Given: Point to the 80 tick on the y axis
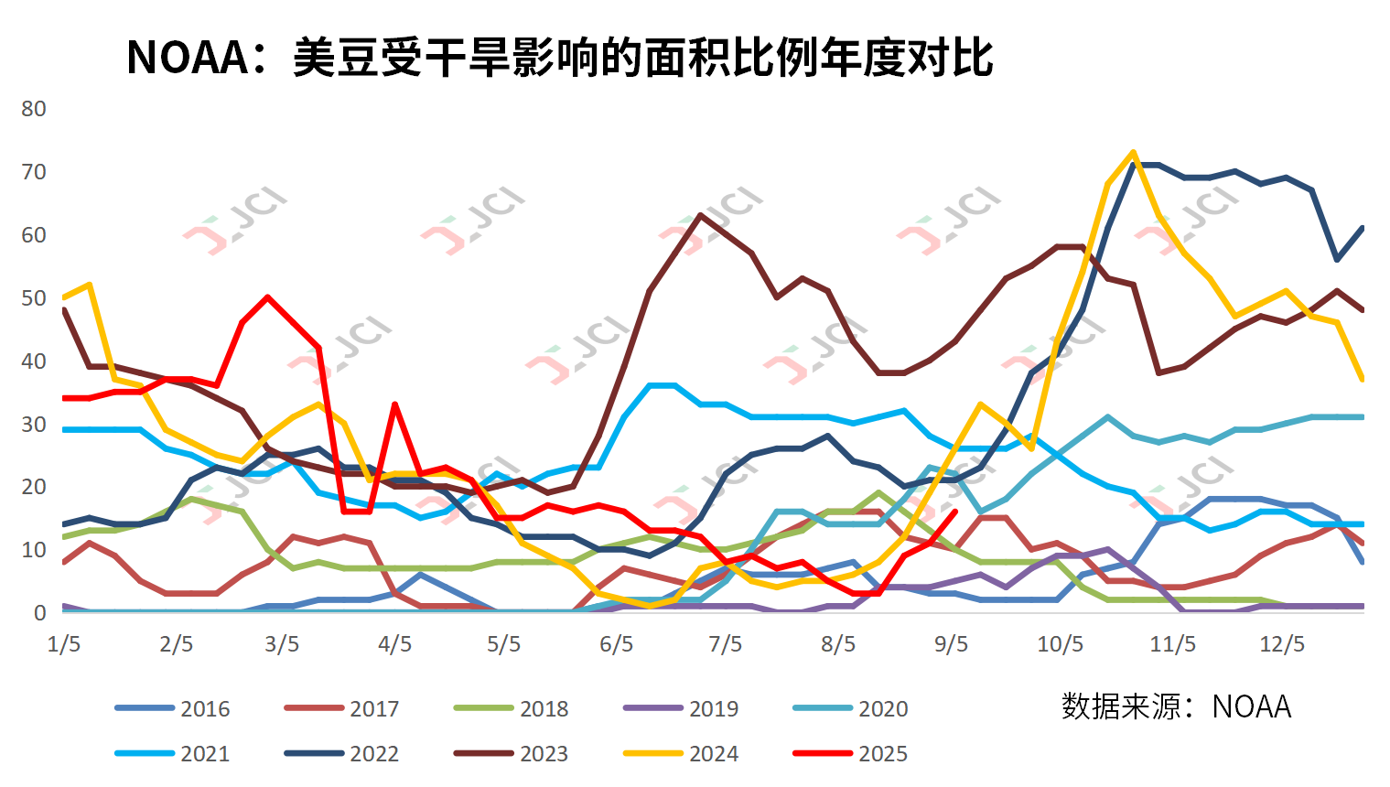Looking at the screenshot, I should point(34,109).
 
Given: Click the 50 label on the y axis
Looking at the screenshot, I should point(34,298).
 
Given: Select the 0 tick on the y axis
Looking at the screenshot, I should point(40,613).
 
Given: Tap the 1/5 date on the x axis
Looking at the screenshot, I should point(64,644).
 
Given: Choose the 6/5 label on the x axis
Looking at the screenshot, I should point(617,644).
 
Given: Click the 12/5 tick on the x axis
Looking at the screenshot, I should point(1282,644).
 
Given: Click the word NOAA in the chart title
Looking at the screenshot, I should point(188,58).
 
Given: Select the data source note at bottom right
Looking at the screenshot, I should point(1176,706).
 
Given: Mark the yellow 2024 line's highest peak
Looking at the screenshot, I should point(1133,153).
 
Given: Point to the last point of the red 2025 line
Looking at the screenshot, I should point(955,512).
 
